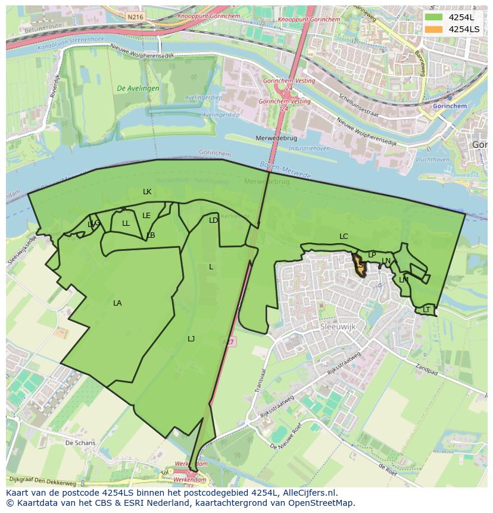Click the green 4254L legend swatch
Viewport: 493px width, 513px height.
tap(434, 17)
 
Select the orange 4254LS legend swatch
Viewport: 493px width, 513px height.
tap(434, 29)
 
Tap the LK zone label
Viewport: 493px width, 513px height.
tap(147, 192)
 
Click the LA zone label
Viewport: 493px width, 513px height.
tap(117, 303)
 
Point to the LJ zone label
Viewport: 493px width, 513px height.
tap(191, 339)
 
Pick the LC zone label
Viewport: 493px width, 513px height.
tap(344, 237)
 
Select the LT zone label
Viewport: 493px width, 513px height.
tap(426, 310)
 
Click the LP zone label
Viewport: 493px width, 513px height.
tap(372, 255)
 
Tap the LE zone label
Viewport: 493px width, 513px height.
tap(146, 216)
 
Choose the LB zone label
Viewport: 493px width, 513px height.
tap(151, 235)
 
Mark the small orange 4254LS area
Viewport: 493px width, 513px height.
tap(360, 267)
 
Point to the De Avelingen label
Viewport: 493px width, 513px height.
tap(138, 88)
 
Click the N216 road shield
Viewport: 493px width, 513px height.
tap(135, 17)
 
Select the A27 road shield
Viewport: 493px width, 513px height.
tap(228, 341)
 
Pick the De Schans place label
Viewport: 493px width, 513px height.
tap(80, 443)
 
